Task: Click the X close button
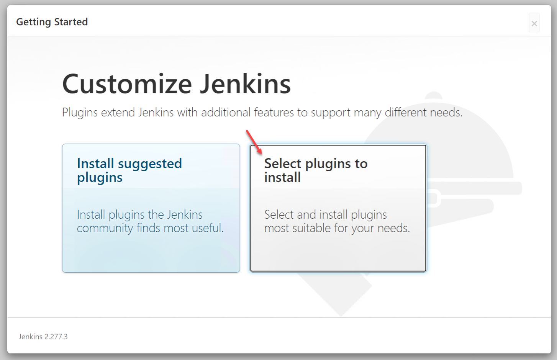[534, 23]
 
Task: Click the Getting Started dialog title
[52, 22]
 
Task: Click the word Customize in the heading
[127, 84]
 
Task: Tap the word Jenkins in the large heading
[245, 83]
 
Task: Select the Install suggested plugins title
[129, 170]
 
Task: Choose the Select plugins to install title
[316, 170]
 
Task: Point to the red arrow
[254, 142]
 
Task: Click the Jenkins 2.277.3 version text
[43, 337]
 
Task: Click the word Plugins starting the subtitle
[80, 113]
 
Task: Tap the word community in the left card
[105, 228]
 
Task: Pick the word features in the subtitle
[274, 112]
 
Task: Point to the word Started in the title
[71, 21]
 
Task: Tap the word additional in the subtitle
[226, 112]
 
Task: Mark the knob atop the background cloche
[433, 95]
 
